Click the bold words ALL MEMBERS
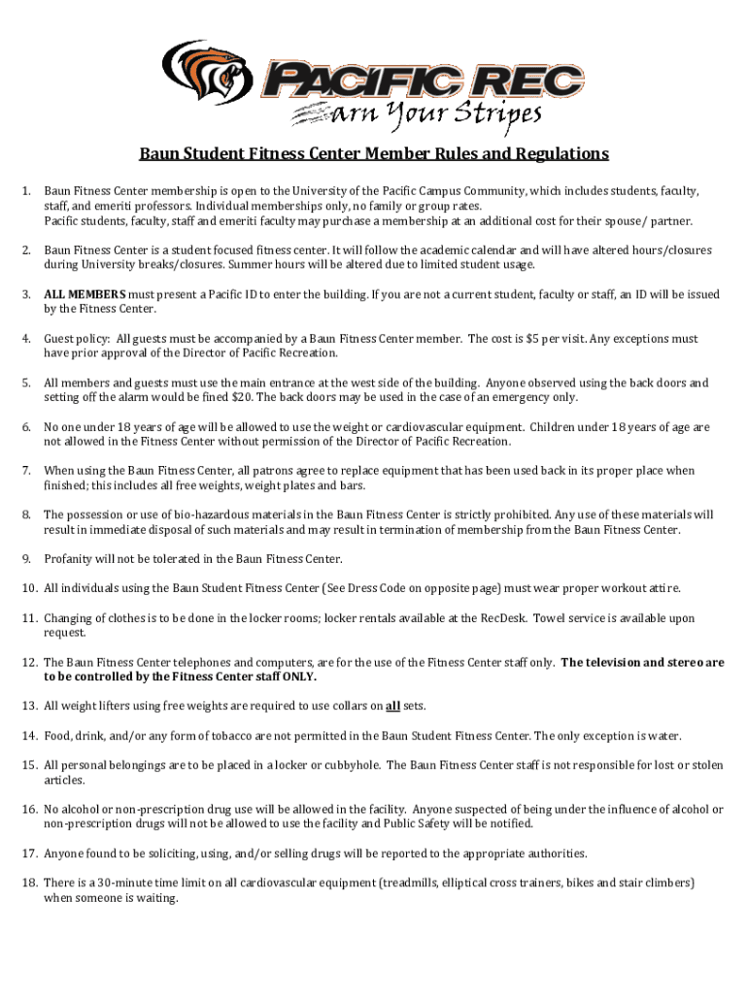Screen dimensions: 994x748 tap(85, 294)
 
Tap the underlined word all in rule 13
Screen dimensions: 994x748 tap(393, 706)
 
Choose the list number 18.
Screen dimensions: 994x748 tap(29, 883)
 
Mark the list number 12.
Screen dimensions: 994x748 tap(29, 662)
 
